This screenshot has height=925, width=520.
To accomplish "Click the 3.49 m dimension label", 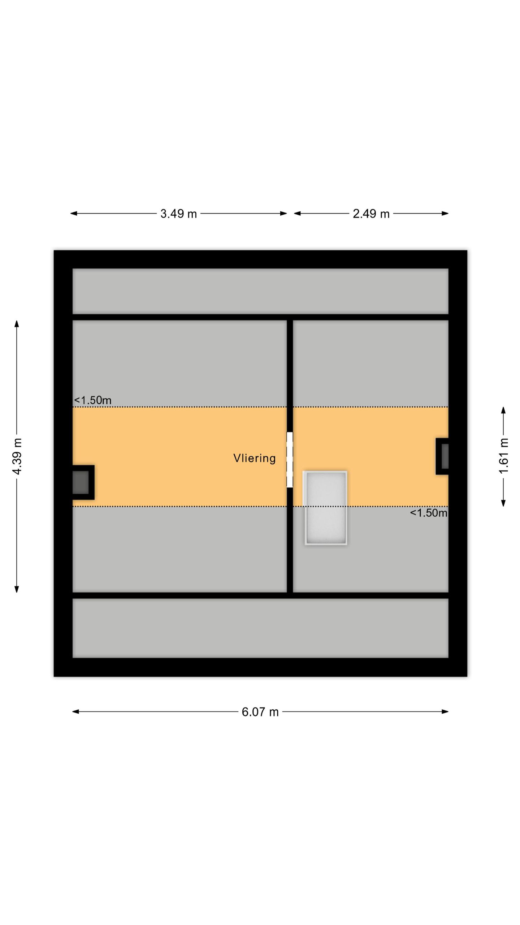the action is point(178,214).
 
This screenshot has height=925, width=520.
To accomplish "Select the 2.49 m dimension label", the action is point(371,214).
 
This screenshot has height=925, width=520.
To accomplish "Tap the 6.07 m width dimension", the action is point(260,712).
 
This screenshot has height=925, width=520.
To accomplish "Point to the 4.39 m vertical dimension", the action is point(17,456).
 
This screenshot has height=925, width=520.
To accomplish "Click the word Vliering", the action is point(255,458).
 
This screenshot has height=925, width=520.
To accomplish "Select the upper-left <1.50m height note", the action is point(93,400).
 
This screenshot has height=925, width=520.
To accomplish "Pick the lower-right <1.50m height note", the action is point(429,513).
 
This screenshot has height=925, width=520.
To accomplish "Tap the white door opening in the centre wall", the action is point(290,460).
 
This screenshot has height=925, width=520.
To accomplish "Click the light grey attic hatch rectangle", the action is point(326,507).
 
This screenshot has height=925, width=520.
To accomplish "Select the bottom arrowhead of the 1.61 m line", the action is point(503,503).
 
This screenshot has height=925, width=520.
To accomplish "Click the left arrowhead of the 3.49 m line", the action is point(74,214).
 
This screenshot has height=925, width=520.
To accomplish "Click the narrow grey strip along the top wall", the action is point(260,291).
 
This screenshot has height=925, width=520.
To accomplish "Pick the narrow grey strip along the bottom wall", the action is point(260,628).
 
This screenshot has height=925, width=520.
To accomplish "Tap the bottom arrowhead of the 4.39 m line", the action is point(17,589).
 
